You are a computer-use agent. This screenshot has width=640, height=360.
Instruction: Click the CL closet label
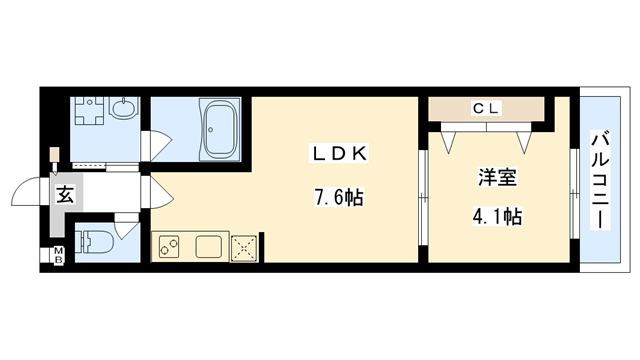pyautogui.click(x=487, y=107)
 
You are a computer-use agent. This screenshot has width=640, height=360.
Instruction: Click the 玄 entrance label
pyautogui.click(x=63, y=193)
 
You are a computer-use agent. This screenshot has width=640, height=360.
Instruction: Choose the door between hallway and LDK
pyautogui.click(x=153, y=190)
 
